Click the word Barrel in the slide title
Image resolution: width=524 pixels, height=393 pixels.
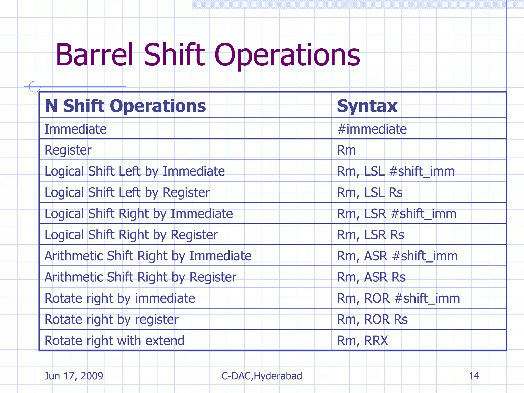[94, 55]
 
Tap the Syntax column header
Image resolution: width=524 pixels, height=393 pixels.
[367, 106]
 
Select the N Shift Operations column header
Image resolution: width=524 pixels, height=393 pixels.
[125, 106]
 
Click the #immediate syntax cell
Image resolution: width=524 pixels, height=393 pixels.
[372, 129]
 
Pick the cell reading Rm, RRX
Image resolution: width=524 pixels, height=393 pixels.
[362, 341]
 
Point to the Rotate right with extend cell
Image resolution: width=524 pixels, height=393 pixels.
[114, 341]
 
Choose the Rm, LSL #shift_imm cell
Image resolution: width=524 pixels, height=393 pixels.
[396, 171]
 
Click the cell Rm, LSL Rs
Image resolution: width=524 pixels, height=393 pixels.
[370, 192]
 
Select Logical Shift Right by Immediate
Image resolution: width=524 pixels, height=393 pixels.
[138, 214]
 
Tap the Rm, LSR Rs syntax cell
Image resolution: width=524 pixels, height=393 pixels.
[370, 235]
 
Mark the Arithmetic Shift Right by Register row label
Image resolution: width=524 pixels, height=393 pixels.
[140, 277]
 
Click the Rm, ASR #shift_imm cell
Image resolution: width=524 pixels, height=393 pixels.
[397, 256]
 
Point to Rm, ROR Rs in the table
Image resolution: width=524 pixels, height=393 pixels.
[372, 319]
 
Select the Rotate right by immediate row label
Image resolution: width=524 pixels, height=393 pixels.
[120, 298]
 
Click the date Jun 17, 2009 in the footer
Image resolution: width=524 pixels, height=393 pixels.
[74, 376]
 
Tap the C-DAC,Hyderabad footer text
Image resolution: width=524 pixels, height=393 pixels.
[262, 376]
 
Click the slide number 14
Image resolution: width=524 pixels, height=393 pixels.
[474, 376]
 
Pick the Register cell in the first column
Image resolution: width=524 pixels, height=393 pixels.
[68, 150]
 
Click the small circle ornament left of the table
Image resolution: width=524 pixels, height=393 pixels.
[35, 86]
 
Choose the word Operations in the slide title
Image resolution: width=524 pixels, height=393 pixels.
[287, 55]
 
